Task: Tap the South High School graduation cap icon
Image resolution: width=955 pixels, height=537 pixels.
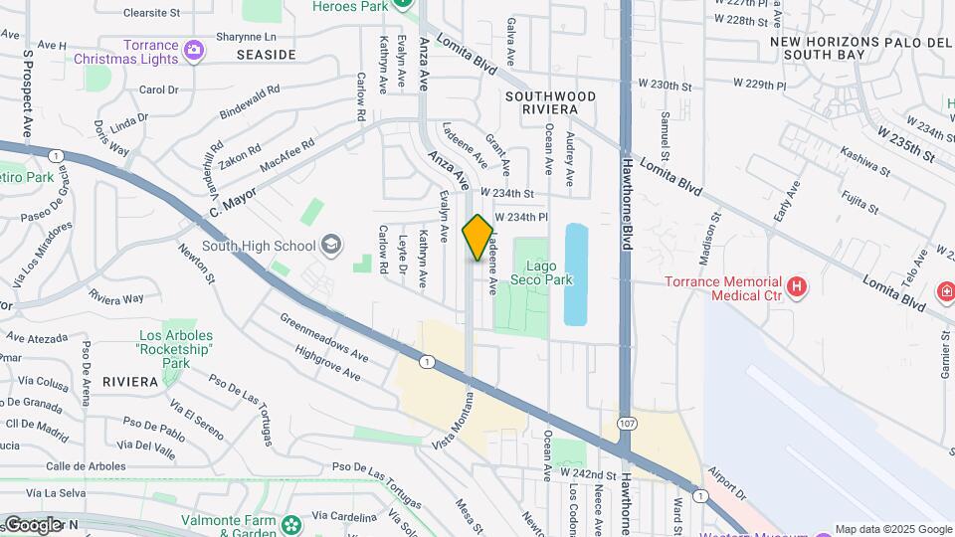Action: [x=330, y=245]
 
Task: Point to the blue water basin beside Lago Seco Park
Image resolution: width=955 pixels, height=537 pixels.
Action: [x=576, y=273]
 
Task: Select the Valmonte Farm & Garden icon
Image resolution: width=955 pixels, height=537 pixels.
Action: [x=290, y=524]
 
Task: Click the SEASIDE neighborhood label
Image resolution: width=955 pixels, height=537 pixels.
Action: [x=267, y=54]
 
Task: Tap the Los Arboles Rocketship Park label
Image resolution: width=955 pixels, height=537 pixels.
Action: [x=163, y=349]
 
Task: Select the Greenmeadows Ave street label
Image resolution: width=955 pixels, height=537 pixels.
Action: [x=324, y=338]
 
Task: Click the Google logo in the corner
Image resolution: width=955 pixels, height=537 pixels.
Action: [x=32, y=524]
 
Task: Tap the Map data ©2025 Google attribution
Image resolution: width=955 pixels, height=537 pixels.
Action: [x=893, y=529]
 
